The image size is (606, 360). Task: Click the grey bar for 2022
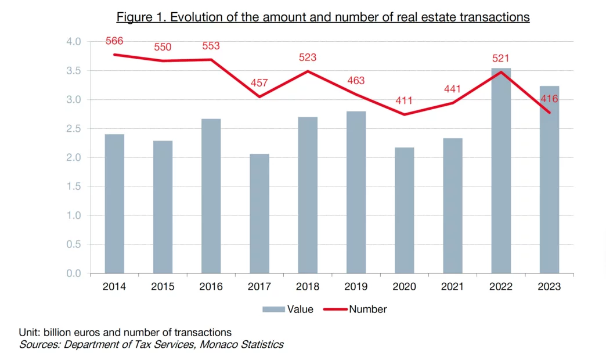click(x=501, y=171)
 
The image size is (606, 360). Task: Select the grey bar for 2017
click(x=259, y=214)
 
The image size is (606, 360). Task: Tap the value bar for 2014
click(x=114, y=204)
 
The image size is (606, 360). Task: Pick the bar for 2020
click(x=404, y=210)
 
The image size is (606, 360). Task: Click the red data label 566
click(x=114, y=41)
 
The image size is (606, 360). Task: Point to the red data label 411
click(x=404, y=101)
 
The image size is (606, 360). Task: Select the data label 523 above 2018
click(x=308, y=57)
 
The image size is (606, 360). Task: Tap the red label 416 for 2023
click(x=549, y=99)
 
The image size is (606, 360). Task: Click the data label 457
click(x=259, y=83)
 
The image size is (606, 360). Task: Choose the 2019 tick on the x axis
click(x=356, y=287)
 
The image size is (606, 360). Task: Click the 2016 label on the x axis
click(x=211, y=287)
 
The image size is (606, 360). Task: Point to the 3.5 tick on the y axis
click(x=74, y=71)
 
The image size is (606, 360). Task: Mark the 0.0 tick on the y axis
click(x=74, y=273)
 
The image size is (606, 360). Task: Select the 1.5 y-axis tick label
click(x=74, y=186)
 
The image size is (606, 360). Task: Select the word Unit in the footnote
click(x=29, y=333)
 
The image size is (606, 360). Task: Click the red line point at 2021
click(x=452, y=103)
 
